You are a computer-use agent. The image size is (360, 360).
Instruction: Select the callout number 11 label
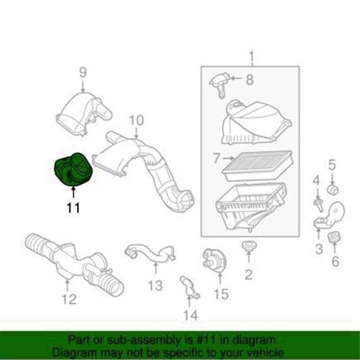point(73,208)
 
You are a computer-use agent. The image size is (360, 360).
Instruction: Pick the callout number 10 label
point(136,120)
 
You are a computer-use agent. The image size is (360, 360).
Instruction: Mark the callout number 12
point(69,304)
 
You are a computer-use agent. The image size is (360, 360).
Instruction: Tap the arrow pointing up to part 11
point(73,192)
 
